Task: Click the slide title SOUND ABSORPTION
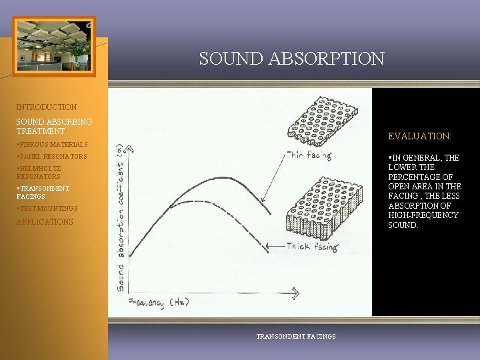pyautogui.click(x=291, y=59)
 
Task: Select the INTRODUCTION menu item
pyautogui.click(x=47, y=107)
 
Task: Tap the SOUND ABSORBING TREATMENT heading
pyautogui.click(x=54, y=127)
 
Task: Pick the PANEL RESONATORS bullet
pyautogui.click(x=52, y=157)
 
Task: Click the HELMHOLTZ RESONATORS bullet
pyautogui.click(x=39, y=173)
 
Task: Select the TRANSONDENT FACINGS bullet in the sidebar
pyautogui.click(x=42, y=193)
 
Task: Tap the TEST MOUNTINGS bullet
pyautogui.click(x=47, y=209)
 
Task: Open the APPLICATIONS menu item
pyautogui.click(x=45, y=222)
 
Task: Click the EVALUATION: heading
pyautogui.click(x=419, y=136)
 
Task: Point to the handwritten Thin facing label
pyautogui.click(x=308, y=155)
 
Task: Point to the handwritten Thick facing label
pyautogui.click(x=313, y=247)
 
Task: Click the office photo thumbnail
pyautogui.click(x=54, y=46)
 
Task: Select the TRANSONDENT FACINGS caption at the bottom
pyautogui.click(x=296, y=337)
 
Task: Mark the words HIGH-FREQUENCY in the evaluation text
pyautogui.click(x=423, y=215)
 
